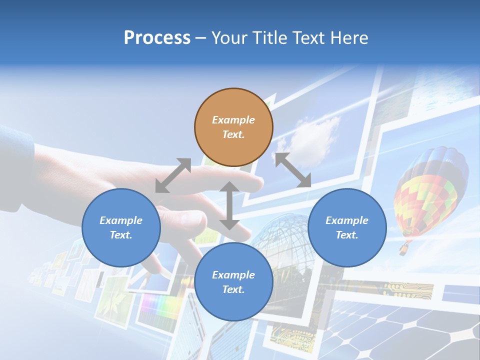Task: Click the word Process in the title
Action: click(157, 38)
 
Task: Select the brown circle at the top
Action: click(233, 127)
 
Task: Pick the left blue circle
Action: click(121, 227)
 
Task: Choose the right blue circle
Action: click(347, 227)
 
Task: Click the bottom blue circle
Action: click(233, 282)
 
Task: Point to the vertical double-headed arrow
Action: click(229, 205)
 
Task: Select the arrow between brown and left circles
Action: click(173, 175)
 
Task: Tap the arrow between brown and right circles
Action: click(293, 170)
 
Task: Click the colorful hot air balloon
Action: click(430, 190)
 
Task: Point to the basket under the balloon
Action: click(403, 248)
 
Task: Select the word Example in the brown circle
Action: click(233, 120)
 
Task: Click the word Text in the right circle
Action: click(347, 235)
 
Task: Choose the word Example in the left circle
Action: click(121, 220)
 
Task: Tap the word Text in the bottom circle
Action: click(233, 289)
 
